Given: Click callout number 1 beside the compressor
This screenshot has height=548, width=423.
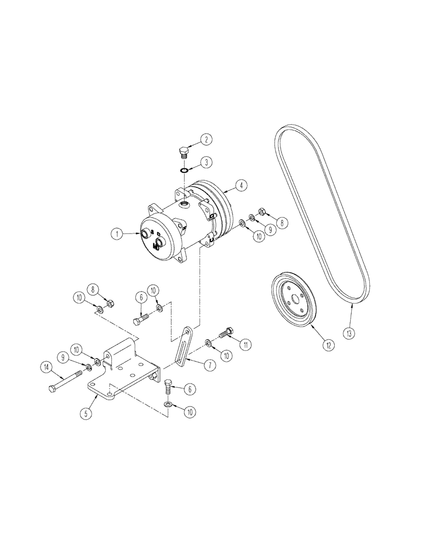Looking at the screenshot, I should (117, 234).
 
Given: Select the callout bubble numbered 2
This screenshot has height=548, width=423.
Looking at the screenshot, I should (206, 140).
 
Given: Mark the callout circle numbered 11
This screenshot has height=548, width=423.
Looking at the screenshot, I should (247, 345).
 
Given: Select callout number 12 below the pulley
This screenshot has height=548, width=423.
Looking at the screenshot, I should (329, 345).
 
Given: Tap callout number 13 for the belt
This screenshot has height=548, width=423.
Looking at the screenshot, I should (348, 332).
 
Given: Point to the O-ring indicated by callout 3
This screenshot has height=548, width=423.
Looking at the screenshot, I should (185, 171).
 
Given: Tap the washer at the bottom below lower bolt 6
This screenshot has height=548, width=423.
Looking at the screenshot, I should (168, 404).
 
